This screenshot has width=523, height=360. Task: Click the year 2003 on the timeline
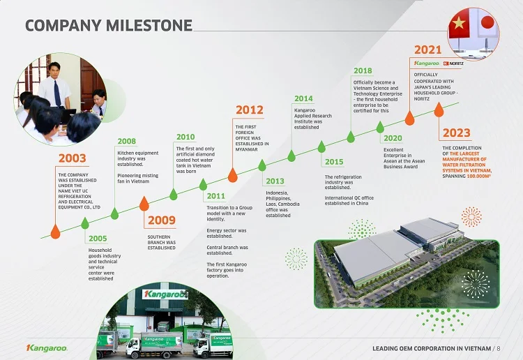click(73, 158)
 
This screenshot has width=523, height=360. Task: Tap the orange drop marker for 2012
click(232, 174)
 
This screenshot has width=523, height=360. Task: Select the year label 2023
click(457, 133)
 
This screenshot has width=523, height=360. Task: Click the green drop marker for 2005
click(85, 223)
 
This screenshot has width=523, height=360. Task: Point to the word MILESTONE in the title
click(149, 25)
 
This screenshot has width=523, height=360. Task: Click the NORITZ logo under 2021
click(453, 63)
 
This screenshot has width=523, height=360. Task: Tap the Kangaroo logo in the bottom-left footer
click(47, 348)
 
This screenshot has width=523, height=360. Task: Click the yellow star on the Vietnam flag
click(459, 23)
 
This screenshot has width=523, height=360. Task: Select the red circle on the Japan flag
click(487, 22)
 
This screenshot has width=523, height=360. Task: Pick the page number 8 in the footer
click(499, 348)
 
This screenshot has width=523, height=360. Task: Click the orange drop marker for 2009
click(144, 204)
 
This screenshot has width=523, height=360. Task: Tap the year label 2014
click(303, 98)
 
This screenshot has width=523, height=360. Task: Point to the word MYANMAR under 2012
click(246, 149)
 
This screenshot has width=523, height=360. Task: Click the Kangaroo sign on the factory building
click(165, 294)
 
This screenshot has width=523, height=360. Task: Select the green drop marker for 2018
click(351, 137)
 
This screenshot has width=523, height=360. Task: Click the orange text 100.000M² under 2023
click(479, 176)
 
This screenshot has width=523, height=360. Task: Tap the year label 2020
click(393, 138)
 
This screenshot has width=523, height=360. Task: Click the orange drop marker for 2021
click(409, 118)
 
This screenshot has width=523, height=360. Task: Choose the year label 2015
click(334, 162)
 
